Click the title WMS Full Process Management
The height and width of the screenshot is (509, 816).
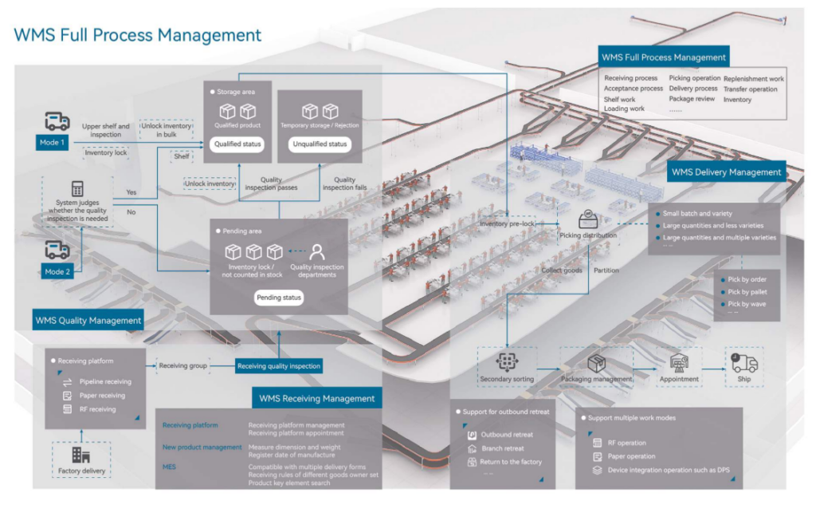(138, 35)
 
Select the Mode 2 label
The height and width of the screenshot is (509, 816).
(57, 271)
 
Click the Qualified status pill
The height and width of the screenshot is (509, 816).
(238, 144)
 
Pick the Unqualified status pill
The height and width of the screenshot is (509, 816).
(320, 144)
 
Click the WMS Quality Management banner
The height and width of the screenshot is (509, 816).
(88, 321)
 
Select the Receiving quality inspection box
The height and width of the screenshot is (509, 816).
(280, 366)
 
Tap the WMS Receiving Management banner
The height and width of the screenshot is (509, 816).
(316, 398)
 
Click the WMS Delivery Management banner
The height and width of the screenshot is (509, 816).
(726, 172)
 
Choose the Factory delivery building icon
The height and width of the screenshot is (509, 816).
(80, 454)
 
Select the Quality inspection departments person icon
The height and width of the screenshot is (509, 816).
(317, 251)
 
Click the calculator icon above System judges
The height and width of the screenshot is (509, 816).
(77, 189)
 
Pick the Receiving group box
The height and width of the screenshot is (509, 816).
(182, 366)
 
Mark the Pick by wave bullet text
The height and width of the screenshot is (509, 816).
(747, 304)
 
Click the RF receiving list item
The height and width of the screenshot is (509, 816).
(97, 409)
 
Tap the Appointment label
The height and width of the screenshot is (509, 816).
(679, 379)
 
